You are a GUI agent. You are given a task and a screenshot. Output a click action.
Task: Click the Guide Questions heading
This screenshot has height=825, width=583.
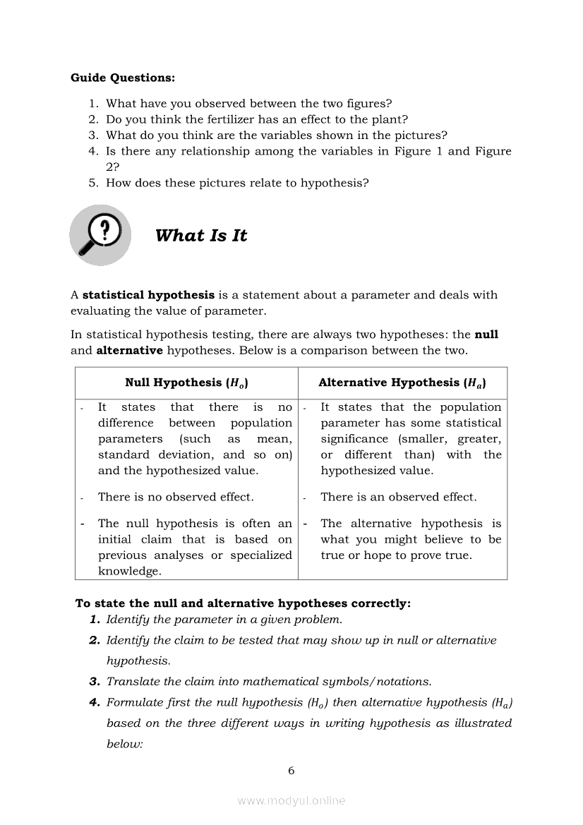coord(123,78)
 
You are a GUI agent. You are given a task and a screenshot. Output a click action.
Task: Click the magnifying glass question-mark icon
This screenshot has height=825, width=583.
coord(100,234)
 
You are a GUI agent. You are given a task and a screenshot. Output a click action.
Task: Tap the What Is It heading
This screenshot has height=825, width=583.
coord(201,236)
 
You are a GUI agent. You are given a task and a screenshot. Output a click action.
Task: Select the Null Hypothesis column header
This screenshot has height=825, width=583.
coord(186,383)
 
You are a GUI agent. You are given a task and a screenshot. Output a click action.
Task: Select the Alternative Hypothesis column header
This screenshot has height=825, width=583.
coord(402,383)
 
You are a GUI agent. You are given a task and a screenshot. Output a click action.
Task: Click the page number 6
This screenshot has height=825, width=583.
coord(291,771)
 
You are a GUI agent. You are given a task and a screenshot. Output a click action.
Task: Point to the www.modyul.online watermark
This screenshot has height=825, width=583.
coord(291,800)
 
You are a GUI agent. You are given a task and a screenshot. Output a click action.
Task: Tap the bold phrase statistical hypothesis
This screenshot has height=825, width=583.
coord(148,295)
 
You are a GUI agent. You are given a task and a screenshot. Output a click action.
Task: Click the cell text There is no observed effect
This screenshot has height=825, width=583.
coord(176,497)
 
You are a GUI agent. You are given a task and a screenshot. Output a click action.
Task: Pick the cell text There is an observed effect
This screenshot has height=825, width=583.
coord(399,497)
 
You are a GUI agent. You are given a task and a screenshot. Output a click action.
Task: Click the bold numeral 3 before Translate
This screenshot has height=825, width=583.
coord(94,682)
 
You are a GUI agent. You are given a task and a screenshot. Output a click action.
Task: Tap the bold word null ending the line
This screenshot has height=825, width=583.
coord(486,335)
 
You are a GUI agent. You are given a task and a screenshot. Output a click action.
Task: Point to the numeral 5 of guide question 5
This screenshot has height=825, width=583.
coord(92,183)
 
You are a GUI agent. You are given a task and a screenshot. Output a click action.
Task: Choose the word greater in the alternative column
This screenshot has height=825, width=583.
coord(479,439)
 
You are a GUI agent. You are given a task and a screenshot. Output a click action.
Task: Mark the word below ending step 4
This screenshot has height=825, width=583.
coord(124,743)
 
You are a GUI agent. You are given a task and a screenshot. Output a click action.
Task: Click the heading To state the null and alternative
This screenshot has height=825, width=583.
coord(243,603)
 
